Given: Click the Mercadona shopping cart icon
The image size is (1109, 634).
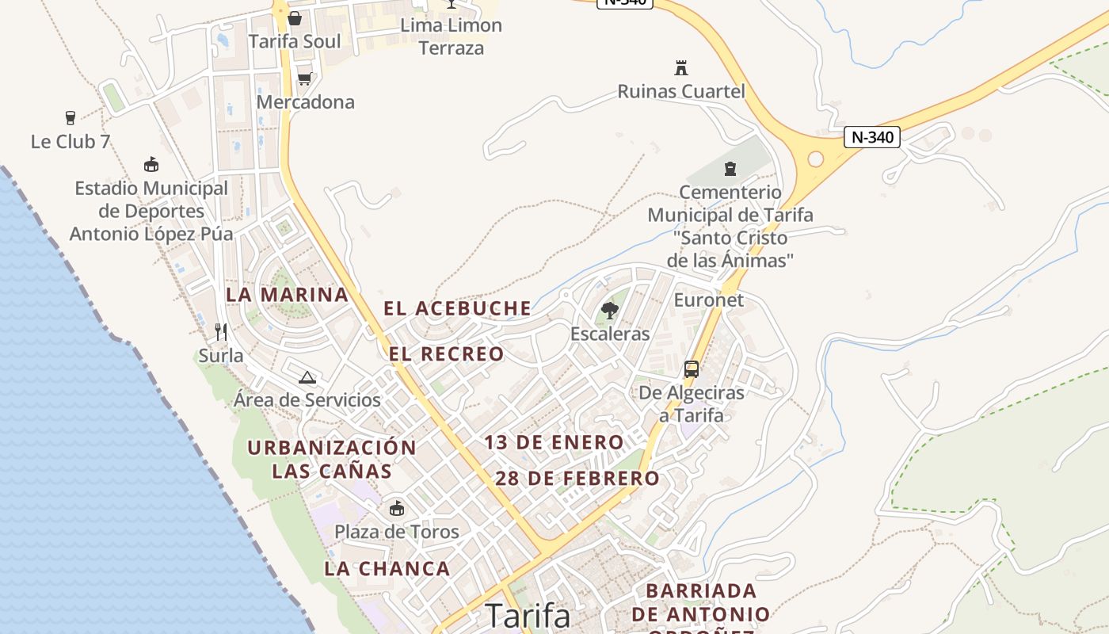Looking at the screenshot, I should pyautogui.click(x=304, y=78).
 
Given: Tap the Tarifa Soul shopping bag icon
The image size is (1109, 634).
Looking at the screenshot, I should pyautogui.click(x=295, y=17).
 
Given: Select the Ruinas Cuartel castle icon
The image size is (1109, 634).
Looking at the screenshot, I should pyautogui.click(x=680, y=67).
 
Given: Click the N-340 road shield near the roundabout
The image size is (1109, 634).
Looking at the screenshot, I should pyautogui.click(x=872, y=137).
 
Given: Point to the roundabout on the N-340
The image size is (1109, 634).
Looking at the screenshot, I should pyautogui.click(x=815, y=159).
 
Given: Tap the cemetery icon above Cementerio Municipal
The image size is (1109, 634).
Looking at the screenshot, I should pyautogui.click(x=730, y=168).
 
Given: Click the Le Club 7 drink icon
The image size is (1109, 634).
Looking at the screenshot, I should pyautogui.click(x=71, y=118).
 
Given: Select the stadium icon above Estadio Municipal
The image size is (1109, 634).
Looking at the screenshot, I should pyautogui.click(x=151, y=165).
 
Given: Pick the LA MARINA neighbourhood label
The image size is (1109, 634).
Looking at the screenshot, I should pyautogui.click(x=287, y=295).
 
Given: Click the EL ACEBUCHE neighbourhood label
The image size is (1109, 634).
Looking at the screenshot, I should pyautogui.click(x=457, y=308).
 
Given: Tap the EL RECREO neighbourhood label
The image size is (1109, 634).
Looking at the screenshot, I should pyautogui.click(x=446, y=354).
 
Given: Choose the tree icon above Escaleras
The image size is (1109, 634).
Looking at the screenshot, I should pyautogui.click(x=609, y=310).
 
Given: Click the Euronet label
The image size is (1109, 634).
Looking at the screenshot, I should pyautogui.click(x=708, y=300).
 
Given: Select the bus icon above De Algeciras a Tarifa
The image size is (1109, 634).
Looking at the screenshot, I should pyautogui.click(x=692, y=369).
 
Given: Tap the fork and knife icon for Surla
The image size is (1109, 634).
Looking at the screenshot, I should pyautogui.click(x=221, y=331).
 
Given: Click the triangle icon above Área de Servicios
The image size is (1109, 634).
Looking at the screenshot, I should pyautogui.click(x=307, y=377).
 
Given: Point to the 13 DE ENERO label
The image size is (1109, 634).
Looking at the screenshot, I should pyautogui.click(x=554, y=442).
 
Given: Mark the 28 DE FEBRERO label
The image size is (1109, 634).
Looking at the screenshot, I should pyautogui.click(x=577, y=479).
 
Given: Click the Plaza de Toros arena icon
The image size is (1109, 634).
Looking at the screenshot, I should pyautogui.click(x=396, y=508).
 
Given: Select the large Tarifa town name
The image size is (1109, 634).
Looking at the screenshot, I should pyautogui.click(x=528, y=616).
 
